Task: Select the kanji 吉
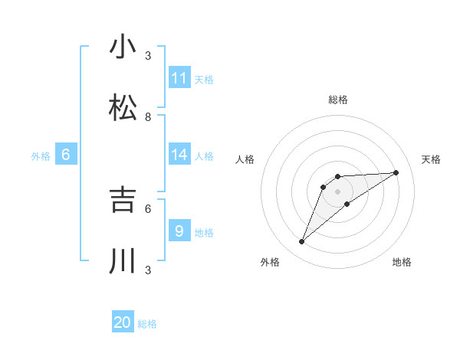point(123,199)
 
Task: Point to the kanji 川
point(123,260)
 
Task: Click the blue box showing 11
point(179,78)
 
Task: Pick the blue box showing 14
point(179,155)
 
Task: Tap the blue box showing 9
point(179,231)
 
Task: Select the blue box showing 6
point(66,155)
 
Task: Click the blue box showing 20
point(123,322)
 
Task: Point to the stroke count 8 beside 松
point(148,117)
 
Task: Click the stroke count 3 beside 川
point(148,270)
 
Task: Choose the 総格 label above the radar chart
point(338,100)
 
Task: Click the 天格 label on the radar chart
point(431,159)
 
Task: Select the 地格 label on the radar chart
point(402,262)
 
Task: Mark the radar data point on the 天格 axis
point(396,172)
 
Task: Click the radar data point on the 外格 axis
point(301,242)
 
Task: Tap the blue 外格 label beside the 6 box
point(41,156)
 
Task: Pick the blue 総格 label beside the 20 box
point(147,324)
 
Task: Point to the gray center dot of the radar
point(338,191)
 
